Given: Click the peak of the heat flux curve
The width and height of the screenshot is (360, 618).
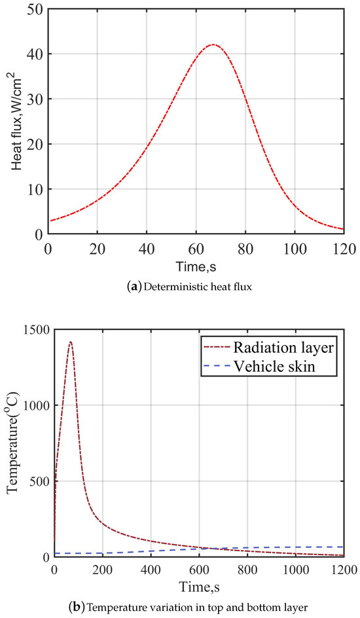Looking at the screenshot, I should coord(213,45).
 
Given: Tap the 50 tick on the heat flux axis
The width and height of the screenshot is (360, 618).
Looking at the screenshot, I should coord(35,10).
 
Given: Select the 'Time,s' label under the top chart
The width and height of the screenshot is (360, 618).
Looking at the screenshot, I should coord(196,266).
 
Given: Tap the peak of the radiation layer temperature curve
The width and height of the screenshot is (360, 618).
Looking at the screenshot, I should coord(70,341).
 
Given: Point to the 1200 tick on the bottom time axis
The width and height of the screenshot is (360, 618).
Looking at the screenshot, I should coord(344,570).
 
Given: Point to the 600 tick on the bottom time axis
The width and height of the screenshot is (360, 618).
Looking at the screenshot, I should coord(199,570).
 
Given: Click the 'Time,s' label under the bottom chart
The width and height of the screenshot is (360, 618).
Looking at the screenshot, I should coord(199,585).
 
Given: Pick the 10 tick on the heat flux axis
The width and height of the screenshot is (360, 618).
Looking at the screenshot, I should coord(35,189).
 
